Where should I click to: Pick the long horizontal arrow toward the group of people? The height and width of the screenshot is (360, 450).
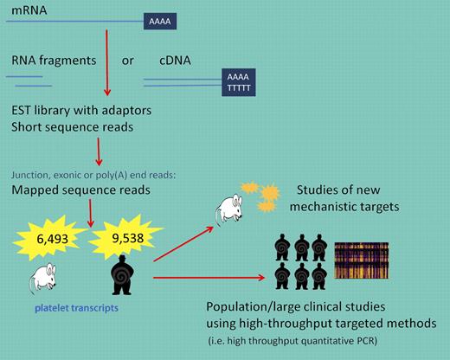(207, 277)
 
